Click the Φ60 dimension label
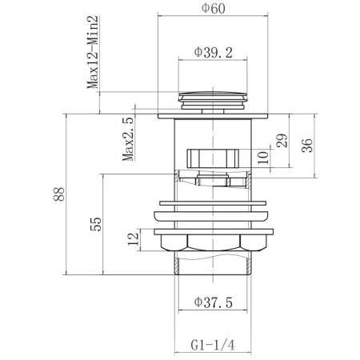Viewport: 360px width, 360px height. coord(213,8)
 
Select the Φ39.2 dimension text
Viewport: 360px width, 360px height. coord(213,53)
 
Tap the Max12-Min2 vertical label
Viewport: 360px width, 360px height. coord(93,52)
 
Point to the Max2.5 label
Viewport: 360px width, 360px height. coord(128,139)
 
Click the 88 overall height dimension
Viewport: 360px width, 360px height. coord(59,194)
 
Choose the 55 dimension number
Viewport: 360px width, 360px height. coord(96,224)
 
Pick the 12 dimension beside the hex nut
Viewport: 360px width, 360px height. coord(134,239)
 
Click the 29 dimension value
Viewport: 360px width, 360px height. coord(282,141)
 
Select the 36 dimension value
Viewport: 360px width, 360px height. coord(307,146)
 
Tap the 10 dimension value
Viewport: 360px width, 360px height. coord(263,158)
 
